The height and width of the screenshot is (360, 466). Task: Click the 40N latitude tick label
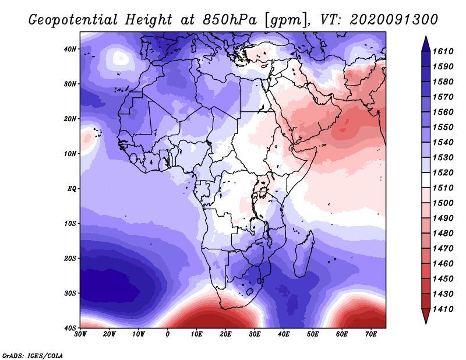coord(70,49)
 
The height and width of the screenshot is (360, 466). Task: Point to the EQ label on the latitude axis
coord(72,189)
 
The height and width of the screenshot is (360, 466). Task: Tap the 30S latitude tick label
coord(70,293)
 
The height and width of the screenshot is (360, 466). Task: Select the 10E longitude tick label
coord(196,334)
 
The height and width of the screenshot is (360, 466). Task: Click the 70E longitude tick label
coord(370,334)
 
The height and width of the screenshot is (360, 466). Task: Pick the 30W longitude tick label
coord(80,334)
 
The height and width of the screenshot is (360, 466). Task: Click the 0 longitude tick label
coord(168,334)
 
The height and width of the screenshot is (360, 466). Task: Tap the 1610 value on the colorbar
coord(443,51)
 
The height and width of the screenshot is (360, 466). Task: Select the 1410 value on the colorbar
coord(443,309)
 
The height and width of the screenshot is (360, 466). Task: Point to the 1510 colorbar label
coord(443,188)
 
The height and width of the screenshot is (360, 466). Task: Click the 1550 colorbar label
coord(443,127)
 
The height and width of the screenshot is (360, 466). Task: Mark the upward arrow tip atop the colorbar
coord(426,37)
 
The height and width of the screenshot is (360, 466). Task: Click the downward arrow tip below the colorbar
coord(426,323)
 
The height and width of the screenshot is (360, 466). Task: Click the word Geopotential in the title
coord(73,20)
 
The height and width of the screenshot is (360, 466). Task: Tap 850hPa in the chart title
coord(229,20)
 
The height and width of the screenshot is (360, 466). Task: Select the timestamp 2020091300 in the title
coord(394,20)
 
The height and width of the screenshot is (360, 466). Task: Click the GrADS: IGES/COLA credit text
coord(33,356)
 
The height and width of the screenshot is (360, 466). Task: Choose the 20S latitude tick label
coord(70,258)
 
